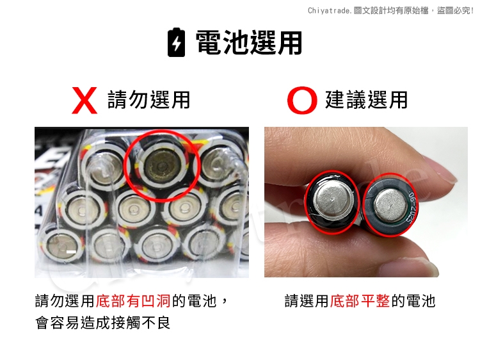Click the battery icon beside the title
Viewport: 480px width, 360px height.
pyautogui.click(x=177, y=42)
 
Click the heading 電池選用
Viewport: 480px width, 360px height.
pyautogui.click(x=248, y=42)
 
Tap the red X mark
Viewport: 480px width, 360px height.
pyautogui.click(x=84, y=100)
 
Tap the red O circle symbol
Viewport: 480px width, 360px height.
pyautogui.click(x=302, y=100)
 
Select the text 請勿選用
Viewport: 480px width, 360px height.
pyautogui.click(x=148, y=99)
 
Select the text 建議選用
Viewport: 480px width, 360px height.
pyautogui.click(x=366, y=99)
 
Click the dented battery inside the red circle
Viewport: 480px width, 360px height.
pyautogui.click(x=161, y=166)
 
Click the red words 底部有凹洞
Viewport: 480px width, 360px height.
pyautogui.click(x=133, y=300)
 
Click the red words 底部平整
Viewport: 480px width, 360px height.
pyautogui.click(x=360, y=300)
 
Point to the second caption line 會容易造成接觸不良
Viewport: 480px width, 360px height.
pyautogui.click(x=103, y=323)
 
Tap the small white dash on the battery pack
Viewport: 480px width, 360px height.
pyautogui.click(x=71, y=252)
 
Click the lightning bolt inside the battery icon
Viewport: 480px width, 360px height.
pyautogui.click(x=177, y=43)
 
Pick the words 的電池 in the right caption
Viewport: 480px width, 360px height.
pyautogui.click(x=413, y=300)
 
